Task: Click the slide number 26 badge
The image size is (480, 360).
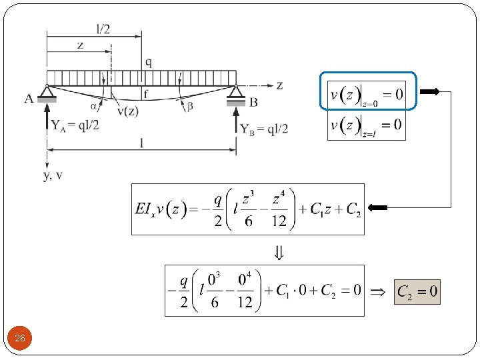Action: [x=20, y=339]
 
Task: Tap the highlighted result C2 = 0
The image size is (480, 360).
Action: [x=417, y=291]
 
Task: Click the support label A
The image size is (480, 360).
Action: [x=29, y=99]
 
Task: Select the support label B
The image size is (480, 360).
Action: [x=254, y=102]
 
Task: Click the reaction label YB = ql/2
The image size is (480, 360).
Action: [x=264, y=128]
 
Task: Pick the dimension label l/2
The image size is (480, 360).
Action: [x=103, y=29]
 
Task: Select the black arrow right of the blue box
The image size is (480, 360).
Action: [x=430, y=92]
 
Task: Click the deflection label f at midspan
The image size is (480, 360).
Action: [x=145, y=93]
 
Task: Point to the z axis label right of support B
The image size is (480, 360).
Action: [x=280, y=85]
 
